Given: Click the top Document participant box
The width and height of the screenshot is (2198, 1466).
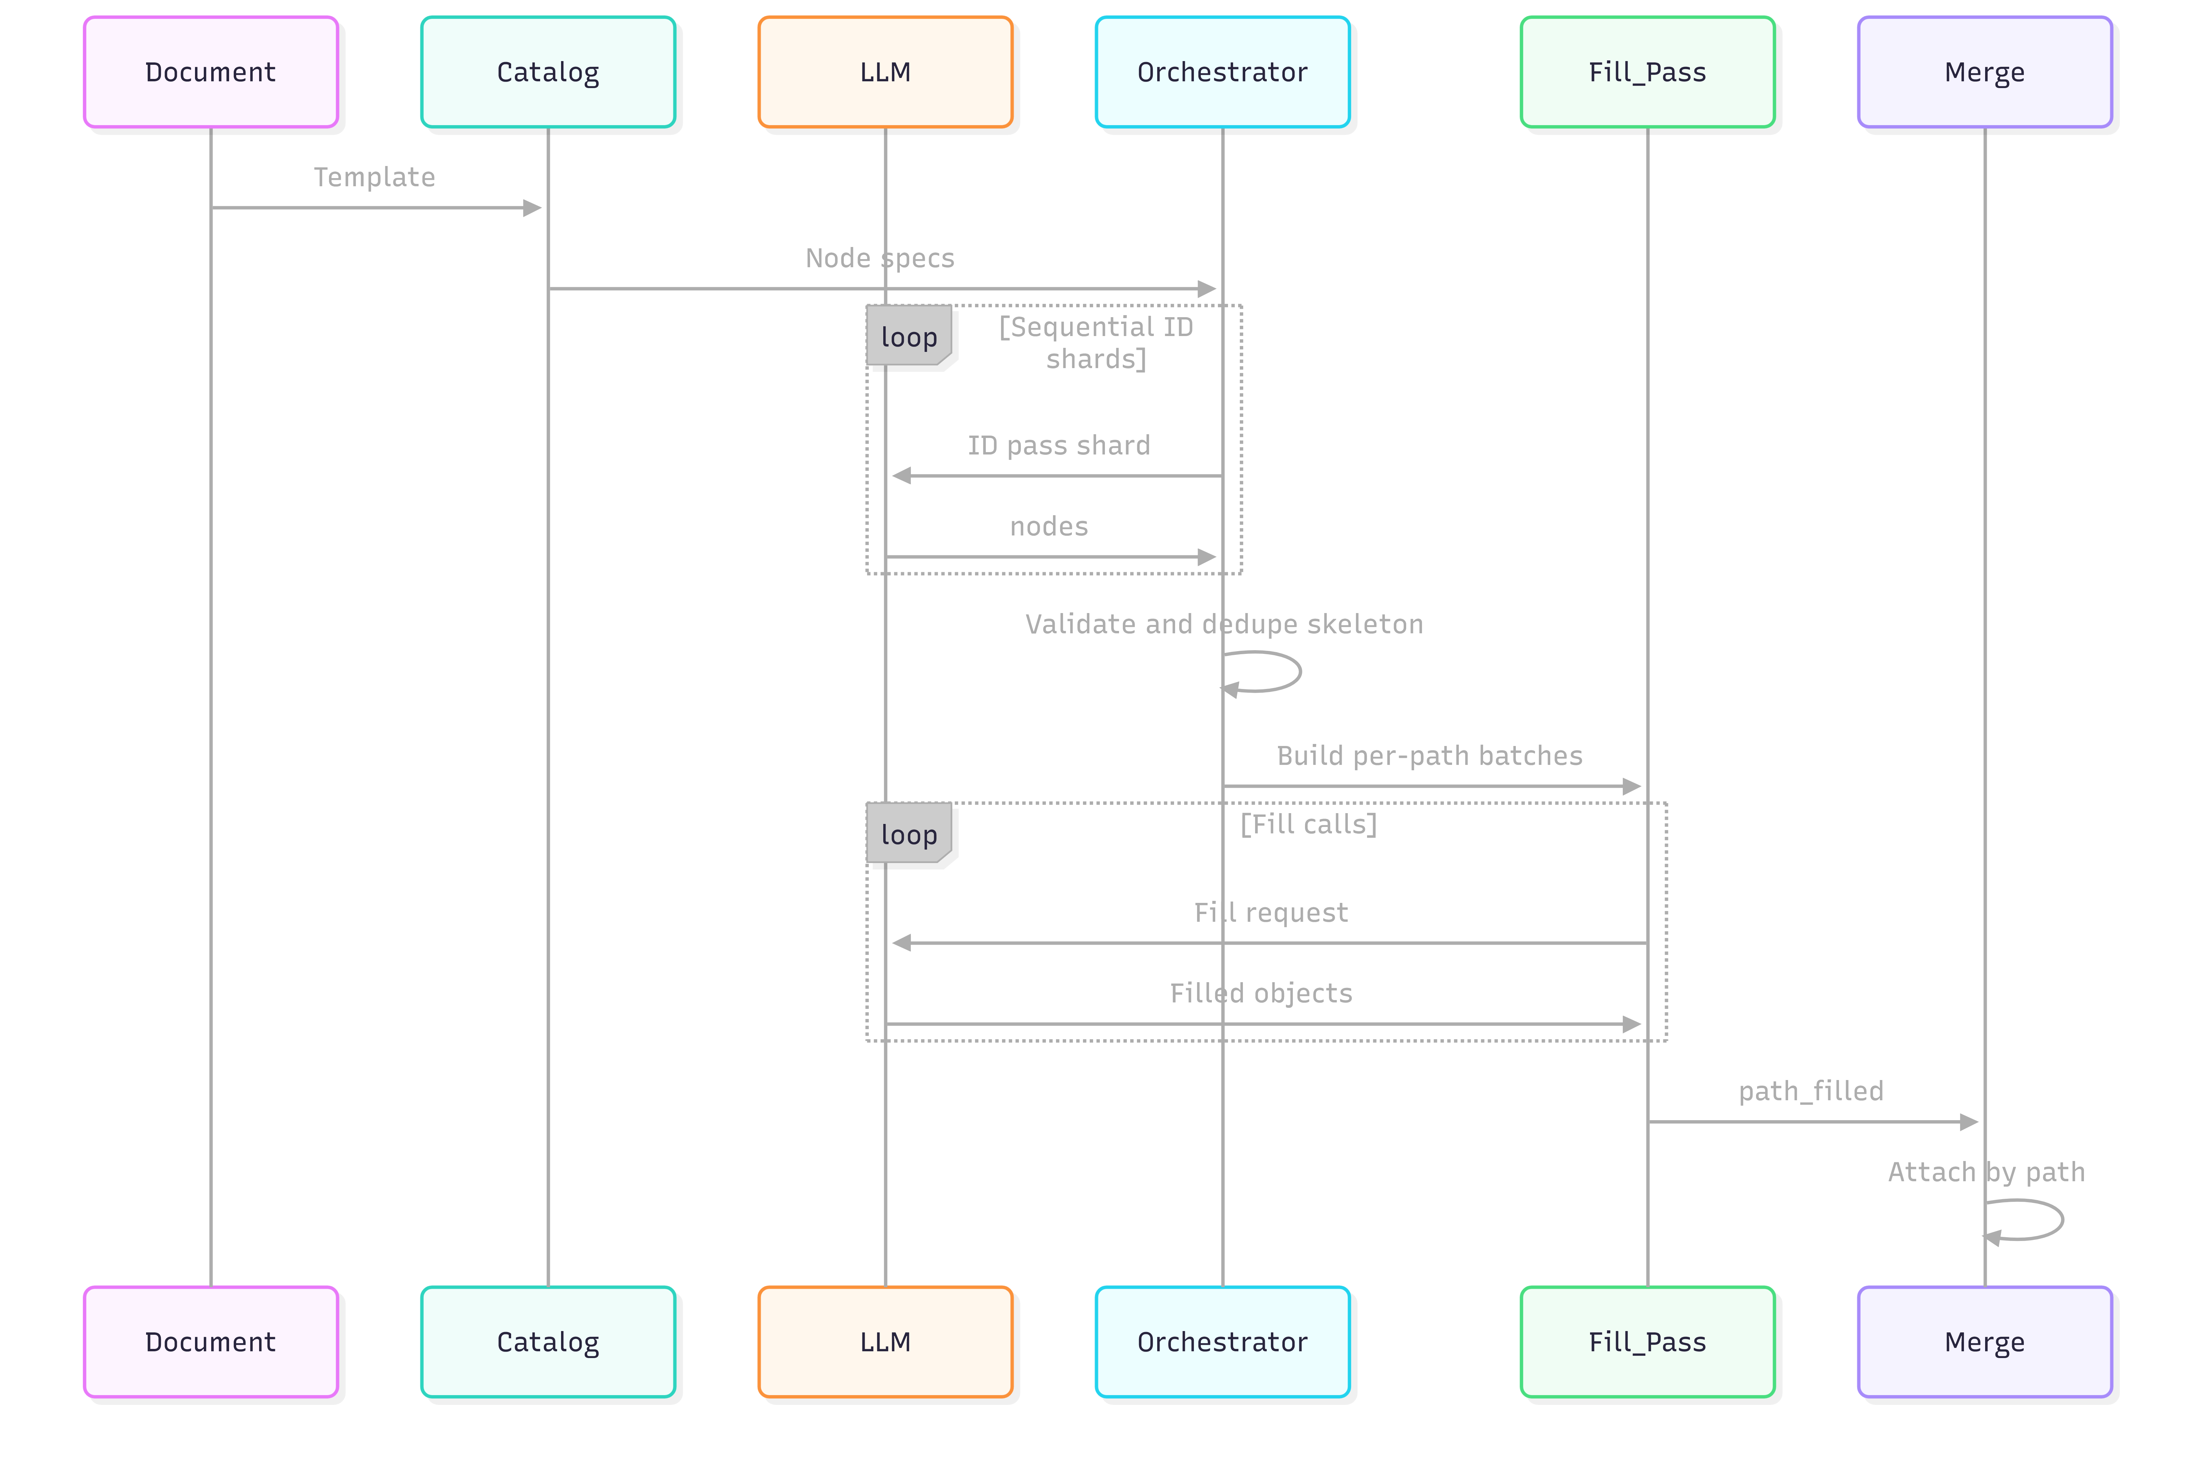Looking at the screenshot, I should click(211, 72).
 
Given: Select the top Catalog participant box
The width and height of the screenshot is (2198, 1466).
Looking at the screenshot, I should click(548, 72).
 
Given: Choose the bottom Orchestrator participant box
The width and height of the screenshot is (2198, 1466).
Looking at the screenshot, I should click(1222, 1341).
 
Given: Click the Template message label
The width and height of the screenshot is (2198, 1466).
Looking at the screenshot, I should click(374, 177).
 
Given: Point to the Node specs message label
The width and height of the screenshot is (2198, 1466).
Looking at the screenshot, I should click(880, 258).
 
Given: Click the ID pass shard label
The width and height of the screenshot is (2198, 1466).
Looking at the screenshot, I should click(1058, 446).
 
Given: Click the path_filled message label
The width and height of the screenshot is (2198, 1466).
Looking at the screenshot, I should click(1811, 1091).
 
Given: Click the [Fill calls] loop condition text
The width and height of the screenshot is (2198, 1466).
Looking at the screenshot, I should click(1308, 825).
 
